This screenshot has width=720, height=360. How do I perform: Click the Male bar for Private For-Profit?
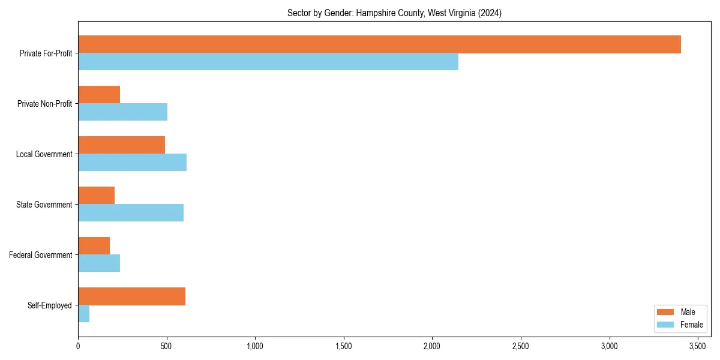pos(379,44)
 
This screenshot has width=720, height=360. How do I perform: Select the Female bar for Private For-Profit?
pos(268,62)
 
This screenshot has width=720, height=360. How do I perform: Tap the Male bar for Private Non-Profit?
pos(99,95)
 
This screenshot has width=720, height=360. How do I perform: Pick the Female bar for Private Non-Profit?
pos(122,112)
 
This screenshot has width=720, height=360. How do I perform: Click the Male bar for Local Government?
pos(121,145)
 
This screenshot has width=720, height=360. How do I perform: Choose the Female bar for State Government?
pos(131,213)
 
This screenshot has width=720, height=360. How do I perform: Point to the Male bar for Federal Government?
pos(94,246)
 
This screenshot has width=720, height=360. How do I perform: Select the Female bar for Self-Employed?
pos(83,314)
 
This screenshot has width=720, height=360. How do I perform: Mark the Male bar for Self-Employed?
pos(131,296)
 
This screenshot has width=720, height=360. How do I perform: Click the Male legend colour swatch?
pos(666,312)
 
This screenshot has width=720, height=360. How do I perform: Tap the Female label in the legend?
pos(691,325)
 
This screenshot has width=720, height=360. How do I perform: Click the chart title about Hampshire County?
pos(394,13)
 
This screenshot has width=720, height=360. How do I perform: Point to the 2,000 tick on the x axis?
pos(432,346)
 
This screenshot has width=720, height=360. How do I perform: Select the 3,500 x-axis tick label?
pos(697,346)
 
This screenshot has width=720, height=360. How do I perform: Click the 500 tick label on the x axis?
pos(166,346)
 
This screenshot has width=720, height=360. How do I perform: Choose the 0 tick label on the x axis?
pos(78,346)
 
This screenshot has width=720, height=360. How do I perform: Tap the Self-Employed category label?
pos(50,305)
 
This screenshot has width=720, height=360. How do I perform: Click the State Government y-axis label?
pos(44,205)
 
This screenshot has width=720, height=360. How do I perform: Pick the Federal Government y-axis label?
pos(41,255)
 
